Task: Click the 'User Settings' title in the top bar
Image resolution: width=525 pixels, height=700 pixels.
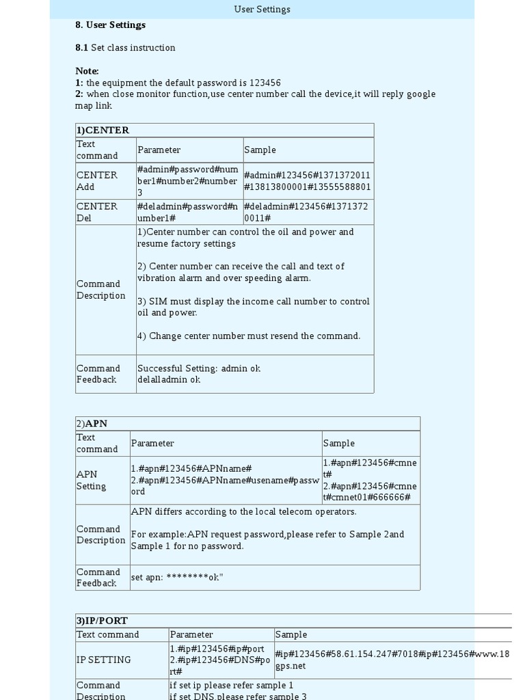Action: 262,10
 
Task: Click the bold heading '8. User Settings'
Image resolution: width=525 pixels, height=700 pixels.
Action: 110,25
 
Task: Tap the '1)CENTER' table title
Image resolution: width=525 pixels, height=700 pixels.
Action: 103,130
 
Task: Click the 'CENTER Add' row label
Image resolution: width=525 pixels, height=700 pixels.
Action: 96,180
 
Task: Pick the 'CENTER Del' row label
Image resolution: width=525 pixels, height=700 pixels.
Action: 96,212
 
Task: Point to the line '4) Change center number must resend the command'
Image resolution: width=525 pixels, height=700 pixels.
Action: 249,336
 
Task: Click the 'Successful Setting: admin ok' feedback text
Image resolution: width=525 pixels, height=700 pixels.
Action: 198,368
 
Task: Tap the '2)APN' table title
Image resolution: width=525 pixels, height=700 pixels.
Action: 92,423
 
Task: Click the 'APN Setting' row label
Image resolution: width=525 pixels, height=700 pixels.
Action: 91,480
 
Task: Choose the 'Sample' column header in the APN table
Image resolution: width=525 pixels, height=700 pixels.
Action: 338,443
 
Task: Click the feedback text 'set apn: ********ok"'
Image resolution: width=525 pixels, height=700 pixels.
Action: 177,578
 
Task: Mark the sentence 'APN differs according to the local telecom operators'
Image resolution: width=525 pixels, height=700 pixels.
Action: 243,511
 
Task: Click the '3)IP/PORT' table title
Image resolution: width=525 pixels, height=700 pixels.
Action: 102,621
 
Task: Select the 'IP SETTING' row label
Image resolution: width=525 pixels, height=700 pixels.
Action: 103,660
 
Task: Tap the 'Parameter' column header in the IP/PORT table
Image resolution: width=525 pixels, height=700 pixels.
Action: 191,634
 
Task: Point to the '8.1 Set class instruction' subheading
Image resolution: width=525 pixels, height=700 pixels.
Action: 125,48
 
